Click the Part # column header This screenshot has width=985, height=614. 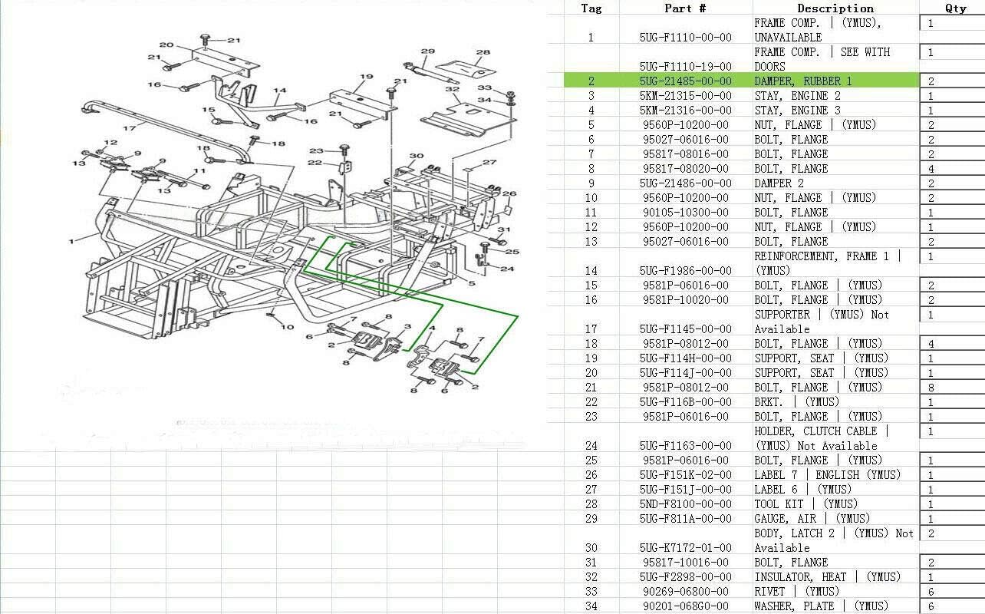tap(684, 8)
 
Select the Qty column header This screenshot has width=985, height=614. tap(956, 8)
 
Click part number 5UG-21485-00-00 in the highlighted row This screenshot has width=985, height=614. tap(686, 81)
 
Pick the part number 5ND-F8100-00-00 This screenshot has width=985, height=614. tap(686, 503)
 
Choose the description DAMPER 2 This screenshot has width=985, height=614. tap(779, 183)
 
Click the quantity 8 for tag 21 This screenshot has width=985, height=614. tap(931, 388)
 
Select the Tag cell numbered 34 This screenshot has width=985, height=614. tap(591, 606)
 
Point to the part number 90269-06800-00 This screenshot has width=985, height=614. tap(686, 591)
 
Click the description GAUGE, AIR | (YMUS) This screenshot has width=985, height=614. tap(812, 519)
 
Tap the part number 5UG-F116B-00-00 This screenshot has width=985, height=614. tap(686, 401)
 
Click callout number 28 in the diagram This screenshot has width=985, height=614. tap(483, 52)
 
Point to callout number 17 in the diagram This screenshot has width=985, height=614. tap(130, 128)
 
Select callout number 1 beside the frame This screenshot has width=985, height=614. tap(71, 241)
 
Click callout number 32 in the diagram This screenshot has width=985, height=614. tap(452, 89)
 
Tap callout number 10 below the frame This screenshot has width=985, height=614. tap(287, 327)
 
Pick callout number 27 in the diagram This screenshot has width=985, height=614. tap(489, 162)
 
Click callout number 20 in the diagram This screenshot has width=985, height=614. tap(166, 45)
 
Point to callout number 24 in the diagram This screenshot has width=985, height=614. tap(507, 269)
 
